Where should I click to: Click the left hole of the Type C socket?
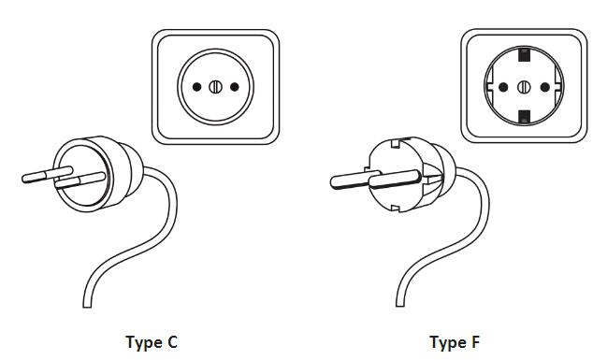(196, 87)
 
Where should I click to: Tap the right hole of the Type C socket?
(235, 87)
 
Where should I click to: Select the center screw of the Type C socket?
(215, 87)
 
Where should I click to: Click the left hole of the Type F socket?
(503, 87)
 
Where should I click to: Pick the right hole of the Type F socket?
(544, 87)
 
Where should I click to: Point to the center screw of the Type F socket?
(524, 87)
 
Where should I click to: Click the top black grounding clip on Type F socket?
(524, 54)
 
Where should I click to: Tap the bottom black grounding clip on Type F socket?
(524, 117)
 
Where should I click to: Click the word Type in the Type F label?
(445, 343)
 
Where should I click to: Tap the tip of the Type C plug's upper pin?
(23, 178)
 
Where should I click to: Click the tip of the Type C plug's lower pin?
(57, 184)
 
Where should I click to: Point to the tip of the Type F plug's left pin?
(333, 182)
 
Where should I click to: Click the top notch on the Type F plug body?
(396, 144)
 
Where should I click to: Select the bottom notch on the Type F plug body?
(395, 208)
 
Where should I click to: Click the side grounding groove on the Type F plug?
(432, 175)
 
